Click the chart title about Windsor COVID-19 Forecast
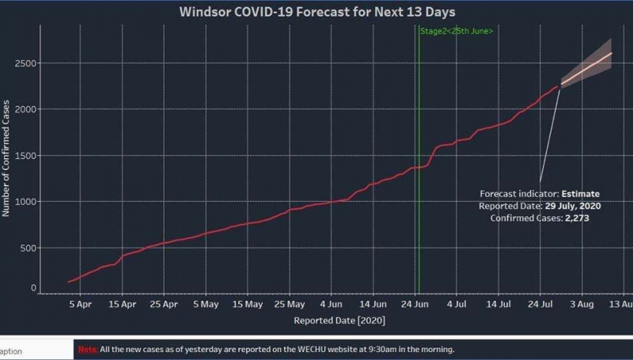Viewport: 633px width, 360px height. point(316,12)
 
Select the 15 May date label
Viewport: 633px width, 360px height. point(248,304)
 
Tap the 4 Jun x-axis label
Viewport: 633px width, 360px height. point(332,304)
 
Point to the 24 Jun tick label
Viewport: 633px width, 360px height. point(415,304)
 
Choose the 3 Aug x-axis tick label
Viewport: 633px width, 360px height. point(582,304)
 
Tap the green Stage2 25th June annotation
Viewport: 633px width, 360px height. point(457,31)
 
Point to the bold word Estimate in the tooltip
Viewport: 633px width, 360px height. point(581,194)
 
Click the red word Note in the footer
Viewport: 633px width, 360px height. point(87,349)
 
